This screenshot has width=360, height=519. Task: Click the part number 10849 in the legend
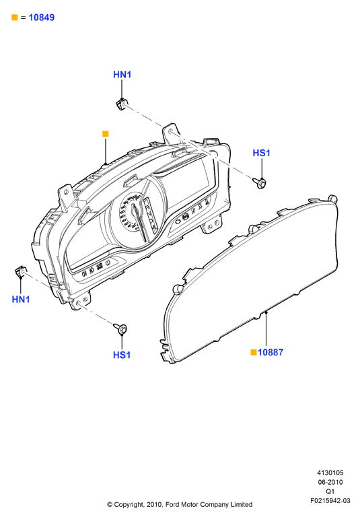(42, 18)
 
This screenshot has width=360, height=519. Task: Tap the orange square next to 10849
(15, 18)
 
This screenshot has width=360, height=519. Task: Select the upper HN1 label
(122, 75)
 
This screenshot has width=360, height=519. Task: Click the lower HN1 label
(21, 300)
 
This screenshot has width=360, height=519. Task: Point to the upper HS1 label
(261, 153)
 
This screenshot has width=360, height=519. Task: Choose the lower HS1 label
(122, 355)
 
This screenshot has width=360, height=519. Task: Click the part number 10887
(271, 352)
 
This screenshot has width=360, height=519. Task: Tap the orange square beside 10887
(254, 352)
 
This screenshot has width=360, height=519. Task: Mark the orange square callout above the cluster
(106, 134)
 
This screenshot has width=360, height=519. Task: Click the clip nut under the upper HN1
(121, 104)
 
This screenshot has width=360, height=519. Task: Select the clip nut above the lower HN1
(20, 271)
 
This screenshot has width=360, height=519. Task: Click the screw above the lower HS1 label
(120, 328)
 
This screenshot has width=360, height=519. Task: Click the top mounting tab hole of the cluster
(171, 132)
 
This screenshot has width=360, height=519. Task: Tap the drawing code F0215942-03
(330, 500)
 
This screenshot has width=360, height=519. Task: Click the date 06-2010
(330, 482)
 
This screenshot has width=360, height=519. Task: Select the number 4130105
(330, 473)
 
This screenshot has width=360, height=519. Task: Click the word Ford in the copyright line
(172, 504)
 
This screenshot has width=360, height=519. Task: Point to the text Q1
(330, 491)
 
